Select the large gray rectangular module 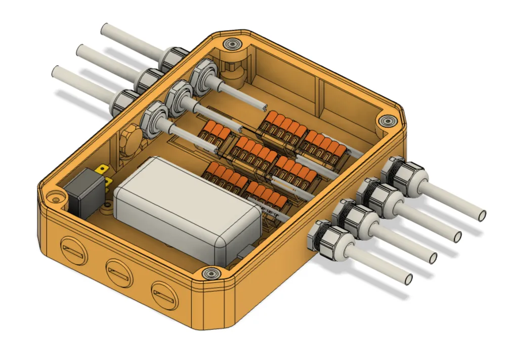click(187, 208)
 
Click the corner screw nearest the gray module click(209, 274)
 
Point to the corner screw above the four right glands click(388, 121)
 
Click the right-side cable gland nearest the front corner click(326, 238)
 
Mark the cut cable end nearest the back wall click(264, 107)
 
